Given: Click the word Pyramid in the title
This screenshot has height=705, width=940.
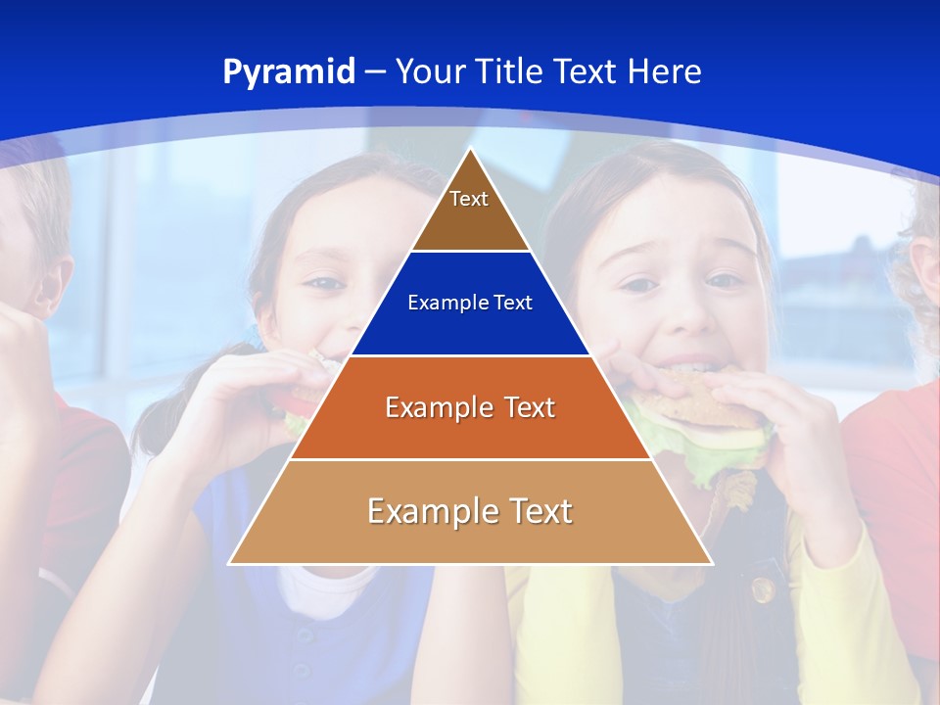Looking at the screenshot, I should point(289,72).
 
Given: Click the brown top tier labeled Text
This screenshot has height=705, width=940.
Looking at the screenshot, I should point(469,211).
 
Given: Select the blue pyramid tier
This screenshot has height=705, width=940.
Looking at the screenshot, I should point(470,304).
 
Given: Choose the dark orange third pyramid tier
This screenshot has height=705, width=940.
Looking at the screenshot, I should point(470,407).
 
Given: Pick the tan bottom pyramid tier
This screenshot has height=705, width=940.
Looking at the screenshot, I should point(470,512).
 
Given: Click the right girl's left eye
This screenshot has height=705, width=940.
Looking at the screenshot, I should point(725,281).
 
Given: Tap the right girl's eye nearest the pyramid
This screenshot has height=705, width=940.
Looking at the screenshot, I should point(638,285).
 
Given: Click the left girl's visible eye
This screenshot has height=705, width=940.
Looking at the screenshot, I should point(323,284).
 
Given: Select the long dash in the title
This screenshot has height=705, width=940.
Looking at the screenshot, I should point(375,72).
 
